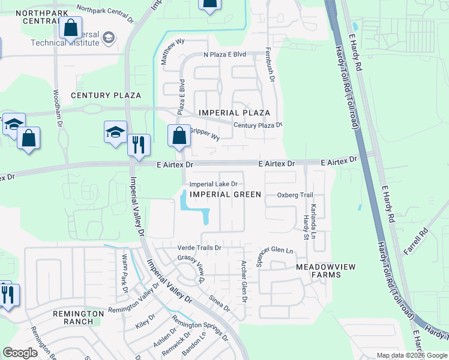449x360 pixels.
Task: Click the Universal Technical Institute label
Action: (x=73, y=39)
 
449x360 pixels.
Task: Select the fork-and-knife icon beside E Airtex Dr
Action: (x=138, y=144)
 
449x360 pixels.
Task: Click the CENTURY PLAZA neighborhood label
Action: (x=106, y=95)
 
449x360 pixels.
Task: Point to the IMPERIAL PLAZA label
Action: (x=234, y=113)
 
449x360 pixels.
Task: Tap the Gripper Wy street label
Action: (x=205, y=134)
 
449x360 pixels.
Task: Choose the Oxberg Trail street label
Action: (x=295, y=195)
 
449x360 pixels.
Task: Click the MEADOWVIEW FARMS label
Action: (x=318, y=271)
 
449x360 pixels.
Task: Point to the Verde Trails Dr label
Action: (x=200, y=248)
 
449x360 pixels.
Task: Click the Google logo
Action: (x=20, y=352)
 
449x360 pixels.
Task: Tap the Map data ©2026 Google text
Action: (x=412, y=355)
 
